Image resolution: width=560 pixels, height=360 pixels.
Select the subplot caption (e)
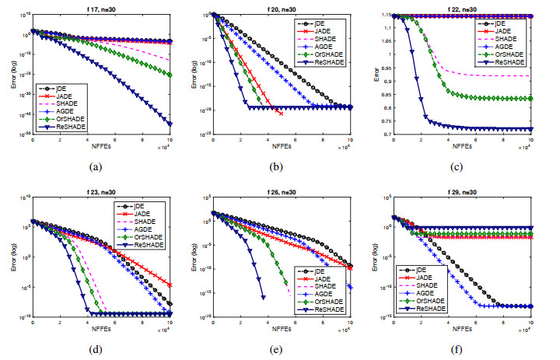tap(280, 348)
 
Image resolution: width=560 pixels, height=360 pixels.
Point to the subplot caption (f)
tap(462, 348)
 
